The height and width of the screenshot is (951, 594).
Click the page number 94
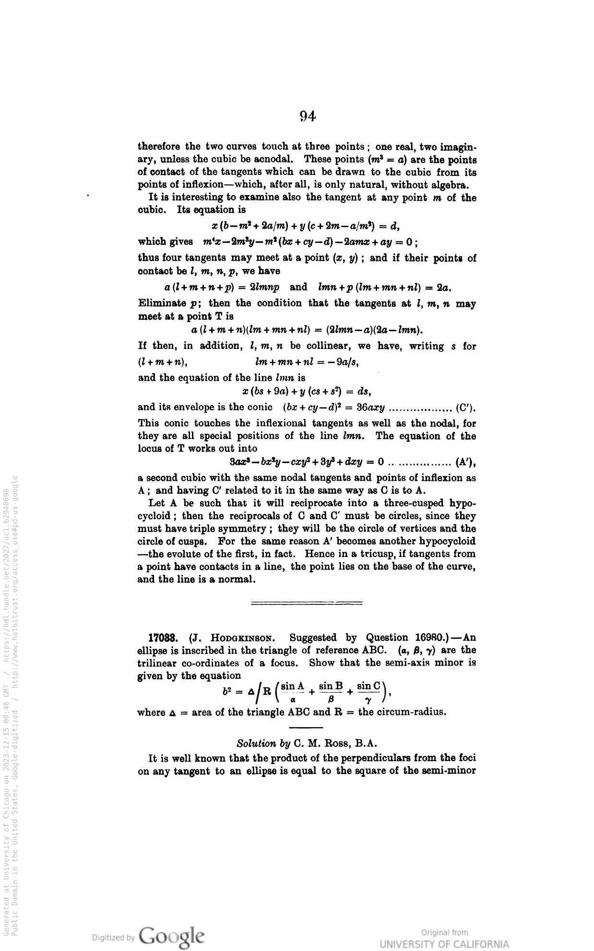[307, 116]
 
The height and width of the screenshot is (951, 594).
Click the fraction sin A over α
[293, 692]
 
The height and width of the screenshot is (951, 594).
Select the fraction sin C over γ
[368, 692]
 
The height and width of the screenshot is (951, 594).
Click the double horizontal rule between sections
[307, 603]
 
